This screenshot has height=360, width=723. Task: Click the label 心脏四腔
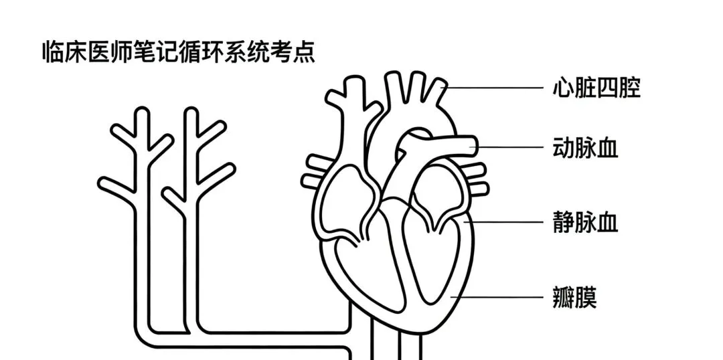[x=596, y=88]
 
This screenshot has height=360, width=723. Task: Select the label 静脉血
[x=585, y=221]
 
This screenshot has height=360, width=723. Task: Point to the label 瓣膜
[x=574, y=296]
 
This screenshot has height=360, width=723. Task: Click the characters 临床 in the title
[x=64, y=52]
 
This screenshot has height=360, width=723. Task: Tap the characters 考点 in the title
[x=292, y=52]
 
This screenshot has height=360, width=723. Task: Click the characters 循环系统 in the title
[x=224, y=52]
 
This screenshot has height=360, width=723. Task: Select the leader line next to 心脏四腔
[x=495, y=87]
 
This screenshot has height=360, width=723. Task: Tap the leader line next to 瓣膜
[x=499, y=296]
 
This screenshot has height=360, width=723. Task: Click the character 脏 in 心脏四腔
[x=585, y=88]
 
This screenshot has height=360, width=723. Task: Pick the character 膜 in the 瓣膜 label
[x=586, y=296]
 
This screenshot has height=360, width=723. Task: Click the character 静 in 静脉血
[x=564, y=221]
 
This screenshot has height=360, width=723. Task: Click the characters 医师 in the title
[x=110, y=52]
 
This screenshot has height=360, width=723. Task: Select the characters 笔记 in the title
[x=155, y=52]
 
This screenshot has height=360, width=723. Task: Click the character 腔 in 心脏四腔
[x=629, y=88]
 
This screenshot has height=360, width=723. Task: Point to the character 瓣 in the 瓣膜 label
[x=564, y=296]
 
